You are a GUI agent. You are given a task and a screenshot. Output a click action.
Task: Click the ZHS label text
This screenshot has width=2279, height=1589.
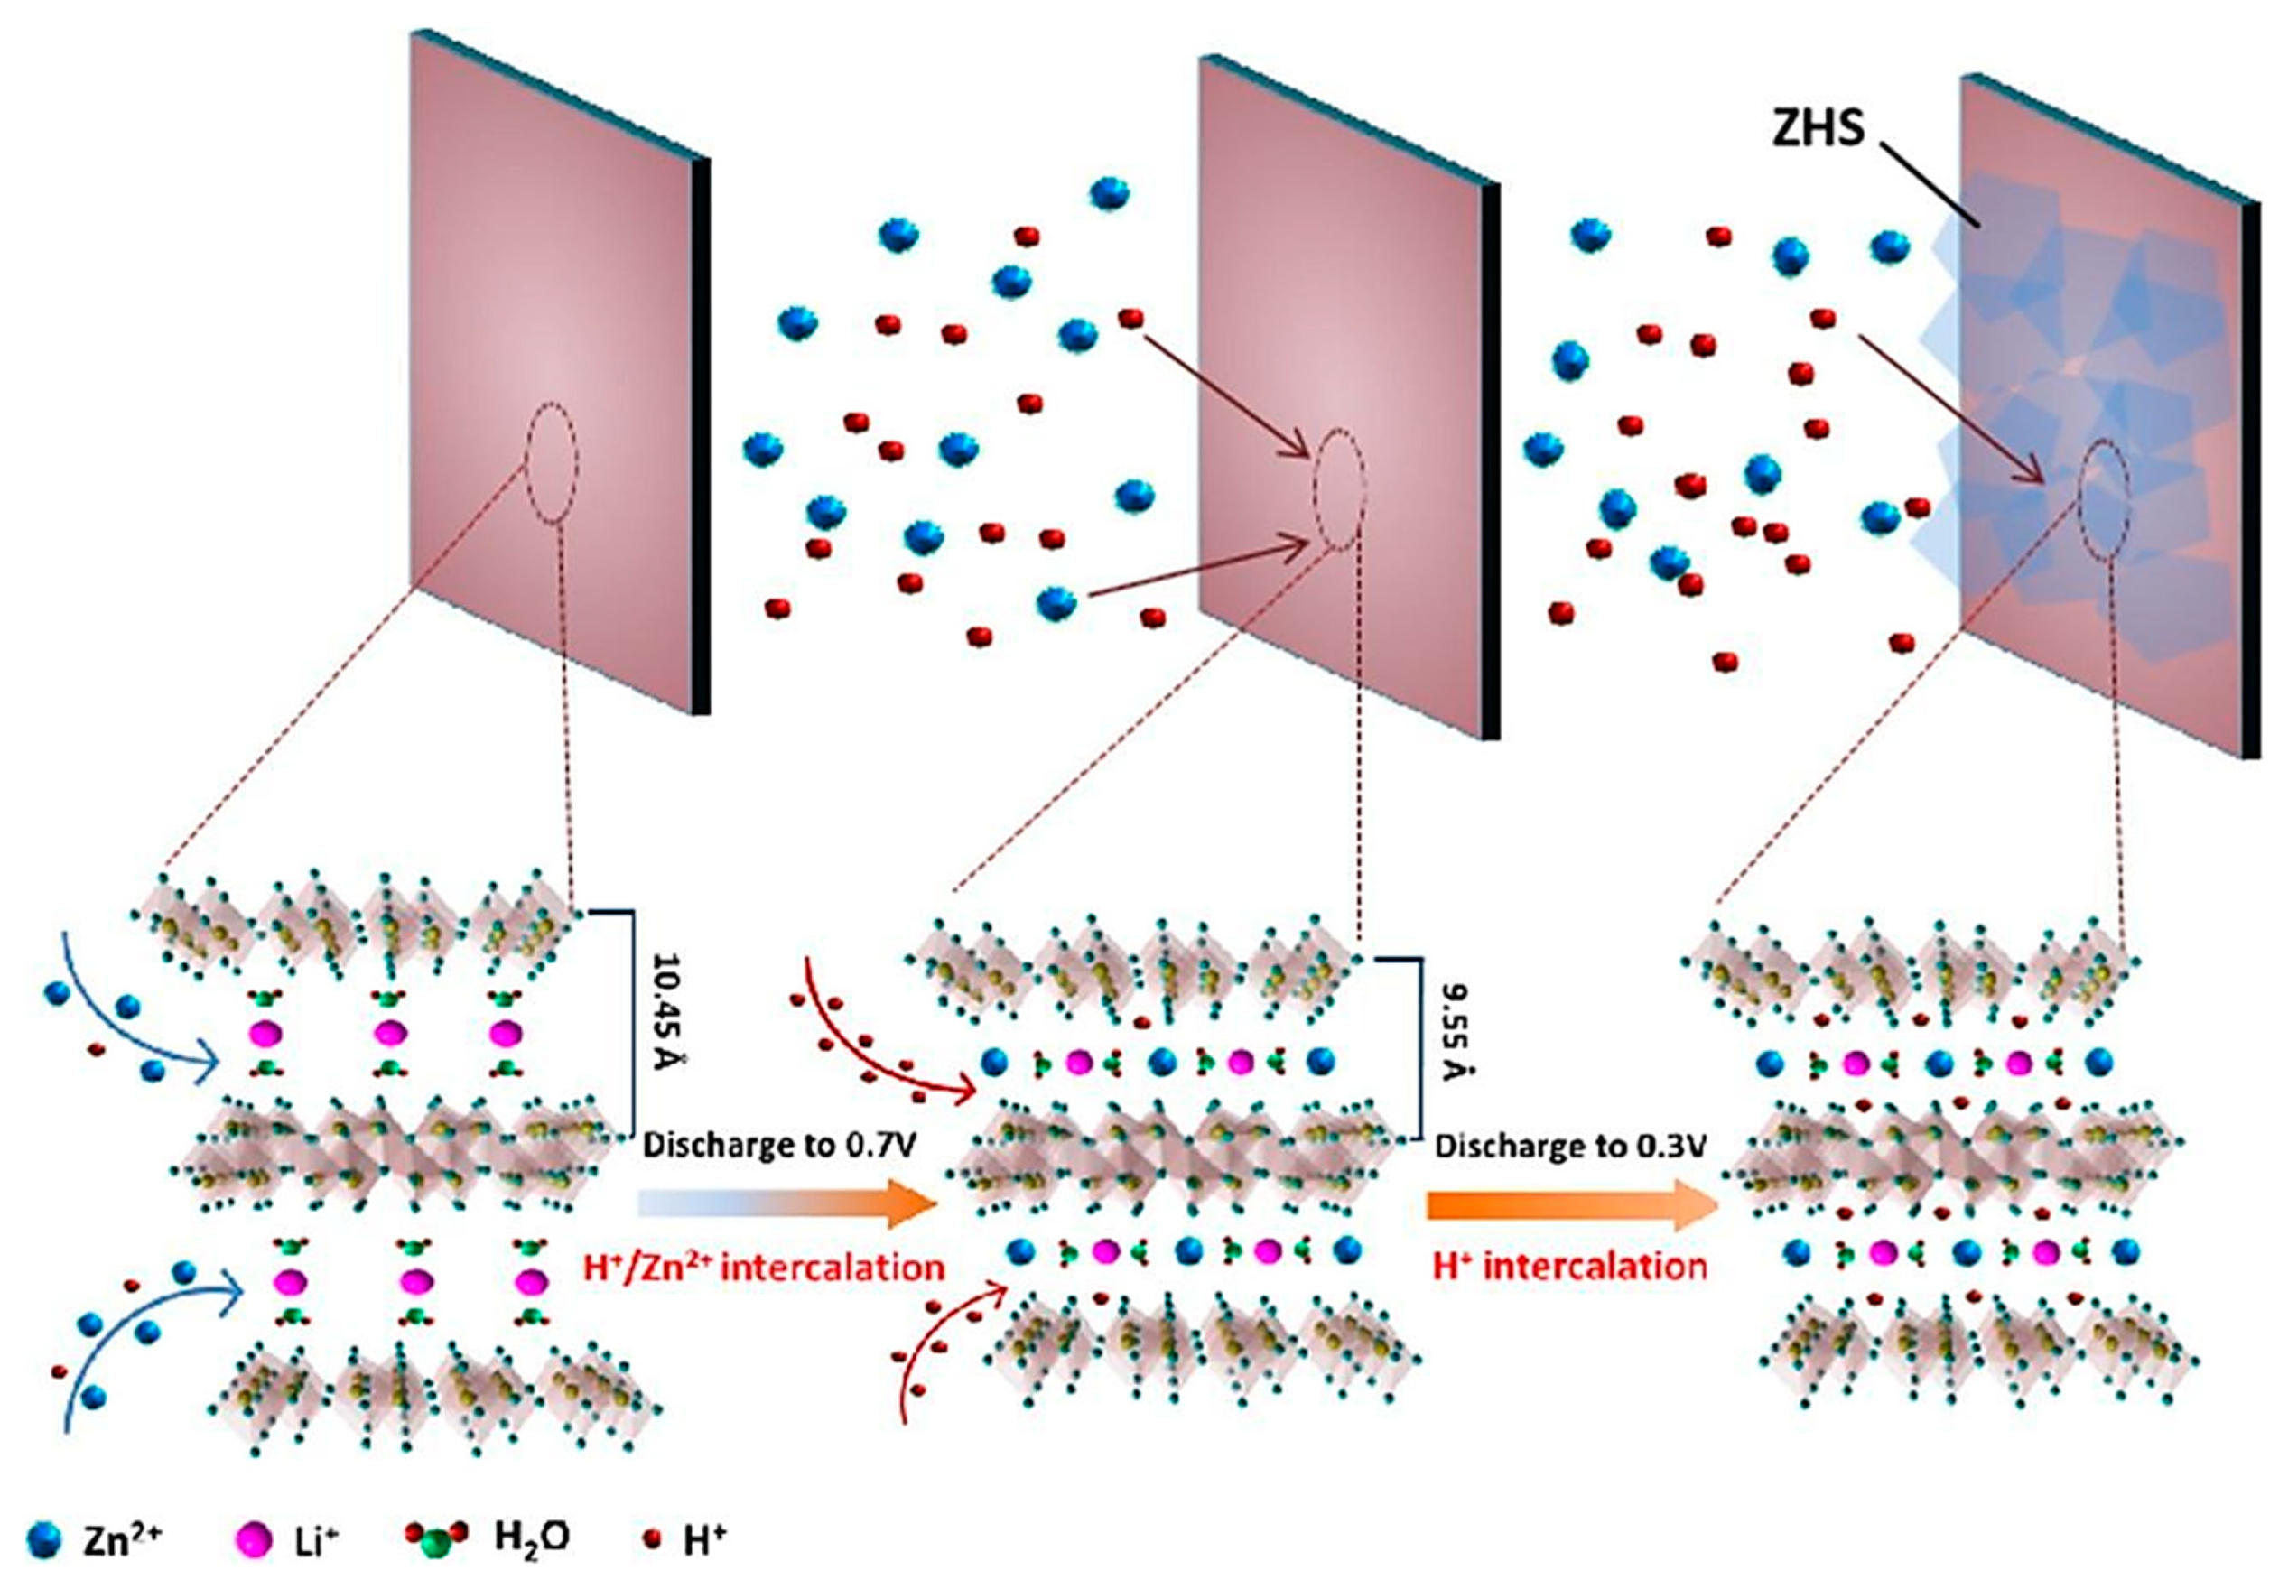click(x=1819, y=129)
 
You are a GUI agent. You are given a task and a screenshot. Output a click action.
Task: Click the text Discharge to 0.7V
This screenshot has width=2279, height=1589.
click(x=778, y=1145)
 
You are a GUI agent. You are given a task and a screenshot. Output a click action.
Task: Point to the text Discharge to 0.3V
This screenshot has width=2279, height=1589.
click(x=1570, y=1146)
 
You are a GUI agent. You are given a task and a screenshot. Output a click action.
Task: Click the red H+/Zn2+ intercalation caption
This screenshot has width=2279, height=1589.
click(x=760, y=1267)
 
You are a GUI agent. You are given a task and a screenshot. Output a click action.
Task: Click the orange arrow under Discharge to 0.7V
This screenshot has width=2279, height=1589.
click(x=789, y=1203)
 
